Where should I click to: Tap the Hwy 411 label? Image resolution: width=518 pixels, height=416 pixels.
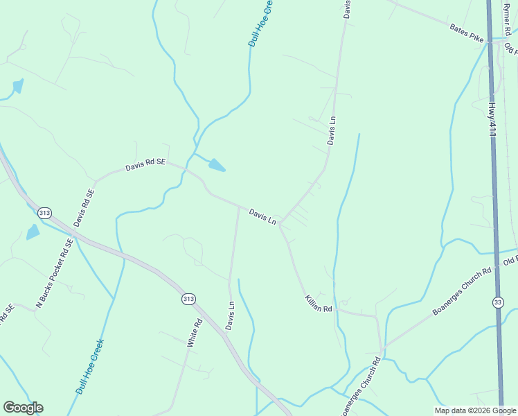pos(492,121)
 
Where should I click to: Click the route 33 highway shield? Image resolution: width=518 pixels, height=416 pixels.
pos(498,302)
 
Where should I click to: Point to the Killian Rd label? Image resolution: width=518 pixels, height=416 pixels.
pos(319,303)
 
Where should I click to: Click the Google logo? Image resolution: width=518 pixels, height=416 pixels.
pos(23,408)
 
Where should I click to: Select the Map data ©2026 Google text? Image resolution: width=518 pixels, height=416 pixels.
pos(475,410)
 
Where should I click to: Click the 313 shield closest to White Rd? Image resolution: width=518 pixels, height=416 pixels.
pos(188,298)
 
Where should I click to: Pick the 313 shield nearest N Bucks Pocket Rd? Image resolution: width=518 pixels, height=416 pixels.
pos(45,212)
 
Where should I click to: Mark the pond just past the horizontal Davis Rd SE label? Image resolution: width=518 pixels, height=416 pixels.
pos(217,165)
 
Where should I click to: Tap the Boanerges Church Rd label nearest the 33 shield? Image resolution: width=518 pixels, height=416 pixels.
pos(462,291)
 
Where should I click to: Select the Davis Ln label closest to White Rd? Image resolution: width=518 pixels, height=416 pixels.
pos(231,315)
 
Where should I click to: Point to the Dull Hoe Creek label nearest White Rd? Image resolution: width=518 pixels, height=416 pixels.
pos(90,367)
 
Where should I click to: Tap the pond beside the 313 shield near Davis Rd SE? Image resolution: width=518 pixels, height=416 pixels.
pos(33,232)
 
